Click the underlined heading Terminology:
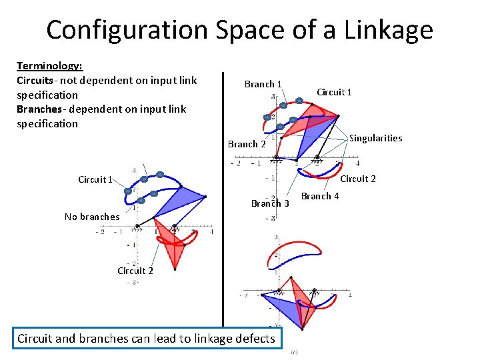click(x=49, y=66)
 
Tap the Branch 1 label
click(x=263, y=84)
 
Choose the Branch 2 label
click(x=247, y=144)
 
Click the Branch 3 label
click(x=270, y=203)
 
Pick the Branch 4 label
click(x=320, y=196)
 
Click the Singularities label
click(x=376, y=138)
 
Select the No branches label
click(x=92, y=216)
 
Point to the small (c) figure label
click(x=294, y=353)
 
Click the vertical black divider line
click(x=223, y=200)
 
